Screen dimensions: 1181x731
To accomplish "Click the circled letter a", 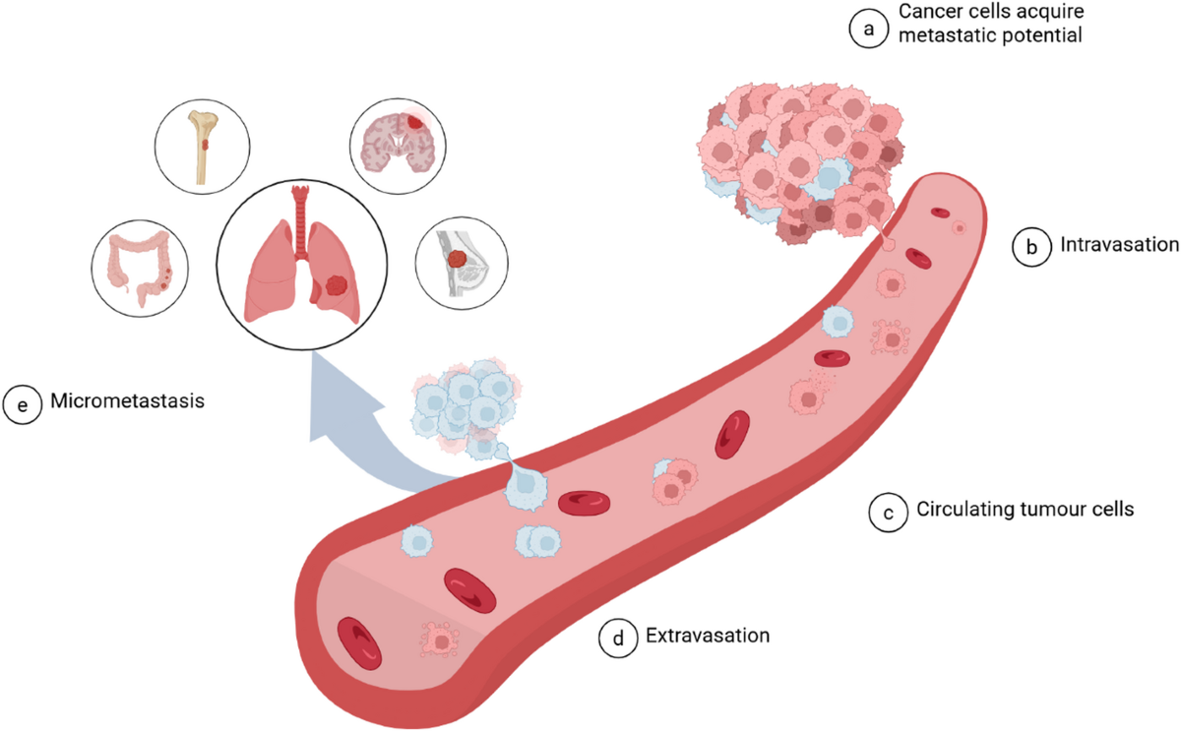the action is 868,29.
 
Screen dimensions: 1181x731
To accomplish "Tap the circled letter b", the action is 1031,247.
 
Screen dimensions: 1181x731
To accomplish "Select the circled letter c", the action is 889,513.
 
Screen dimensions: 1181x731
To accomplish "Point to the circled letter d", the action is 618,638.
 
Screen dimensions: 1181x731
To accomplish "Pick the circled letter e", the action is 22,404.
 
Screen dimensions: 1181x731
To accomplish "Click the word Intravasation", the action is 1119,245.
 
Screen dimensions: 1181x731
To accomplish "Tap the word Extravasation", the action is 708,636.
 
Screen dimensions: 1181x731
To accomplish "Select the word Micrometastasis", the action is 127,401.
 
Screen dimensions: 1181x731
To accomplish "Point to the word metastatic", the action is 944,35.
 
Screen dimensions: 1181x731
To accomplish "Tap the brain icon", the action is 396,144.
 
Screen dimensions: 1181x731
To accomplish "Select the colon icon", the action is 140,268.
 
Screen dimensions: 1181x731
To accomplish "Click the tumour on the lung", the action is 337,286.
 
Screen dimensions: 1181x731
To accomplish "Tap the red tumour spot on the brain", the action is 415,122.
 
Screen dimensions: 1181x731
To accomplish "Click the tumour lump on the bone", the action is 205,144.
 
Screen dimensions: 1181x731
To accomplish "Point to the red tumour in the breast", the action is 457,259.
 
